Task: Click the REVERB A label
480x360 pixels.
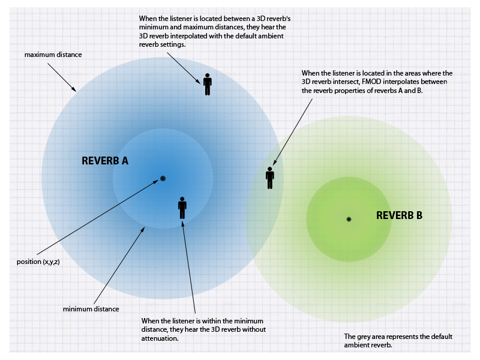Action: pos(105,161)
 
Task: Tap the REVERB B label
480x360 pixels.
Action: pos(399,215)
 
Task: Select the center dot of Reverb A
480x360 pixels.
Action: pos(163,178)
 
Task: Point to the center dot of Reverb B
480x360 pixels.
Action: pos(349,219)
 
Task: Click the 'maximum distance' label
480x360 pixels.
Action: pos(53,55)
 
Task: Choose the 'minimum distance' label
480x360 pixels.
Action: pos(91,309)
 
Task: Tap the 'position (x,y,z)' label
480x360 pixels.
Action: pos(38,262)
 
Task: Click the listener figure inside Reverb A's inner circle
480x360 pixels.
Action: pos(182,207)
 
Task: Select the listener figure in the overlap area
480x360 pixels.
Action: pos(270,177)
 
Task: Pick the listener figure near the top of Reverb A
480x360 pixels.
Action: pos(208,84)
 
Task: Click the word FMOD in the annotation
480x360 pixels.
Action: pos(372,82)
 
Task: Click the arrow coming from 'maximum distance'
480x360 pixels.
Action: pos(62,76)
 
